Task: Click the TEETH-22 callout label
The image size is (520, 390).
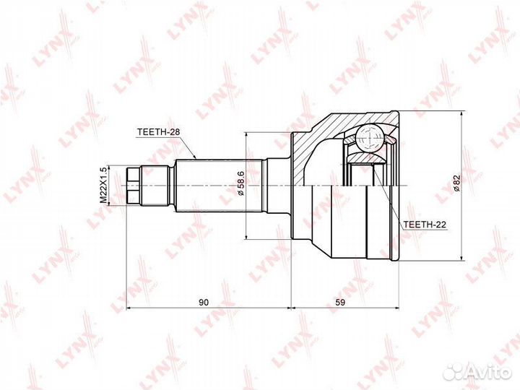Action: pyautogui.click(x=424, y=225)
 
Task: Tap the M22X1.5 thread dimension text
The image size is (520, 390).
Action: pyautogui.click(x=103, y=184)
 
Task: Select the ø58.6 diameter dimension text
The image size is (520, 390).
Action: pyautogui.click(x=240, y=185)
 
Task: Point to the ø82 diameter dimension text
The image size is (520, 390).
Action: pyautogui.click(x=456, y=185)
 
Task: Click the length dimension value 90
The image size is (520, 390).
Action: pyautogui.click(x=204, y=302)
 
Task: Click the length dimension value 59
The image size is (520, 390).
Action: pyautogui.click(x=340, y=302)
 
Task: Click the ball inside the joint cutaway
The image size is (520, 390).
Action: pyautogui.click(x=370, y=136)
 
